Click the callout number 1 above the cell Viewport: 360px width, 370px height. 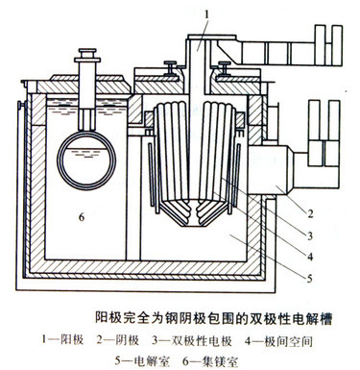pyautogui.click(x=207, y=14)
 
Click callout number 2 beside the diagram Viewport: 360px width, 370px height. pyautogui.click(x=310, y=213)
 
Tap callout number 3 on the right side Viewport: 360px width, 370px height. pyautogui.click(x=309, y=236)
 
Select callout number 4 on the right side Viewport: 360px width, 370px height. pyautogui.click(x=310, y=257)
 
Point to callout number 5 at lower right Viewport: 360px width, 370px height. pyautogui.click(x=309, y=279)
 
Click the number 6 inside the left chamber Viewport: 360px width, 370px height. pyautogui.click(x=82, y=217)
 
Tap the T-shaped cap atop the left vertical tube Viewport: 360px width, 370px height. pyautogui.click(x=87, y=55)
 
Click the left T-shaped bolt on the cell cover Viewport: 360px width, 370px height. pyautogui.click(x=171, y=68)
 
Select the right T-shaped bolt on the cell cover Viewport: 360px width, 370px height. pyautogui.click(x=224, y=68)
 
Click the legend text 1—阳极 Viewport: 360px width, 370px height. pyautogui.click(x=62, y=340)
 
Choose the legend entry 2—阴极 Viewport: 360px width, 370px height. pyautogui.click(x=118, y=340)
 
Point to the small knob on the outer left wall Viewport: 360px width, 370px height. pyautogui.click(x=21, y=105)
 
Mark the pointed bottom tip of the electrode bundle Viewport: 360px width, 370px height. pyautogui.click(x=193, y=226)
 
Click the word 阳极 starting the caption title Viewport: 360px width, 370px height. pyautogui.click(x=108, y=319)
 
